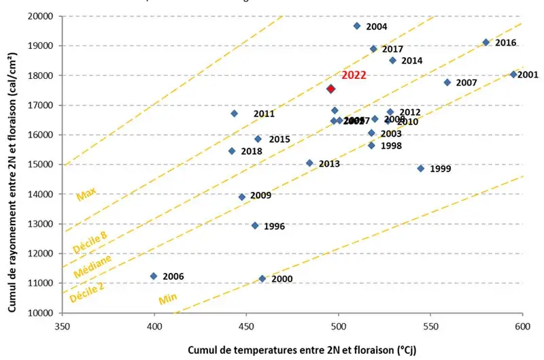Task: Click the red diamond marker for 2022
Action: pyautogui.click(x=331, y=88)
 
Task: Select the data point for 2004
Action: pyautogui.click(x=357, y=26)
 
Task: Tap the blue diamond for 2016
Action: pyautogui.click(x=486, y=42)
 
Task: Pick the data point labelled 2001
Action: pyautogui.click(x=513, y=74)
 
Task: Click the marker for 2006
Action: pyautogui.click(x=154, y=276)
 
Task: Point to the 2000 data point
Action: pyautogui.click(x=262, y=278)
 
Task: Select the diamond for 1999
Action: pyautogui.click(x=420, y=168)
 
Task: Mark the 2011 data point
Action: pyautogui.click(x=235, y=114)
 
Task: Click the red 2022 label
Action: pyautogui.click(x=354, y=75)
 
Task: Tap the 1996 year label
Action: pyautogui.click(x=274, y=226)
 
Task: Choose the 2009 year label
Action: pyautogui.click(x=261, y=196)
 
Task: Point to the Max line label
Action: pyautogui.click(x=86, y=195)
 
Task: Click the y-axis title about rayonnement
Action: pyautogui.click(x=12, y=163)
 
